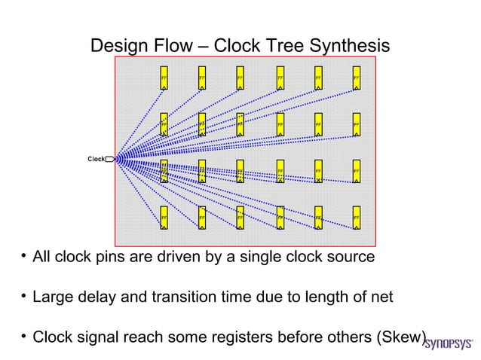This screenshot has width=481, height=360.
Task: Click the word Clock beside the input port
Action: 96,159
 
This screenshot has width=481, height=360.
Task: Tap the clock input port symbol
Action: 110,159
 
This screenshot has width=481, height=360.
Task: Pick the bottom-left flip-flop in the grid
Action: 164,218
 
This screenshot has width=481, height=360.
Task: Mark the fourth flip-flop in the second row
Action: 279,124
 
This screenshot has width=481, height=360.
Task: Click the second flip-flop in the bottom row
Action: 202,218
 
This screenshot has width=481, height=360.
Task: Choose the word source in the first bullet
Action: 348,257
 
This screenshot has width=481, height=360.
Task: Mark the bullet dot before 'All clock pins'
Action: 23,257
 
